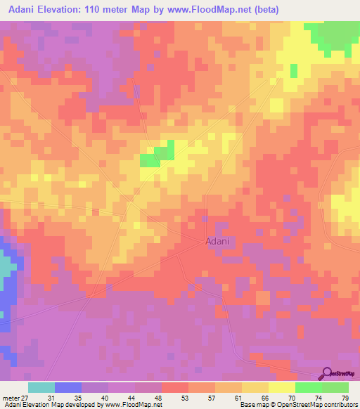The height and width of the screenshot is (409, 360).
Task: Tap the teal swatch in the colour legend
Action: [41, 387]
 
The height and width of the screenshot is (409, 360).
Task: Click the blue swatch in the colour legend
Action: [68, 387]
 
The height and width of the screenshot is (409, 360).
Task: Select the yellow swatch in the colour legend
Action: [282, 387]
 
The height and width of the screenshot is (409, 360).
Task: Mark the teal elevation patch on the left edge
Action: [5, 266]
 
